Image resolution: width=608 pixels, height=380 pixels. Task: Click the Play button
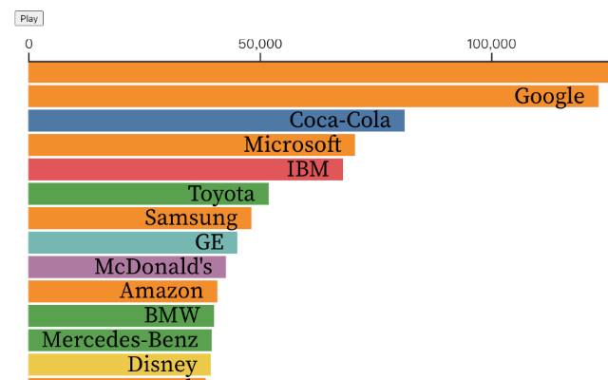coord(29,18)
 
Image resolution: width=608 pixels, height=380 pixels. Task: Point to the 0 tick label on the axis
coord(28,44)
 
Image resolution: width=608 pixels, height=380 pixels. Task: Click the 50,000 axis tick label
coord(260,44)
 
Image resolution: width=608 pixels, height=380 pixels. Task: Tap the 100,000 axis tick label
coord(492,44)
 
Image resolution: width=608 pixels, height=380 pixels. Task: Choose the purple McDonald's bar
coord(57,267)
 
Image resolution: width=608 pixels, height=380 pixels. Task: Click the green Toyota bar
coord(104,194)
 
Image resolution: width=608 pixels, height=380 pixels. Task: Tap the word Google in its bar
coord(549,96)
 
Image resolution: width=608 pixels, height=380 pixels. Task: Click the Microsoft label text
coord(293,144)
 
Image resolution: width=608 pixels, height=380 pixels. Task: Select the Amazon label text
coord(161,291)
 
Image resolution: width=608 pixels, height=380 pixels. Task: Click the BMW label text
coord(172,315)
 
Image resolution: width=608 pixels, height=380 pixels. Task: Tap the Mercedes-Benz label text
coord(120,340)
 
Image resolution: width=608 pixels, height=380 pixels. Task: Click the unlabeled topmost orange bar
coord(313,71)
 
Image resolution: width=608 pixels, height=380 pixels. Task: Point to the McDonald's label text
coord(153,267)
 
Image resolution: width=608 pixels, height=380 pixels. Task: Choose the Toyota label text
coord(221,194)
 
